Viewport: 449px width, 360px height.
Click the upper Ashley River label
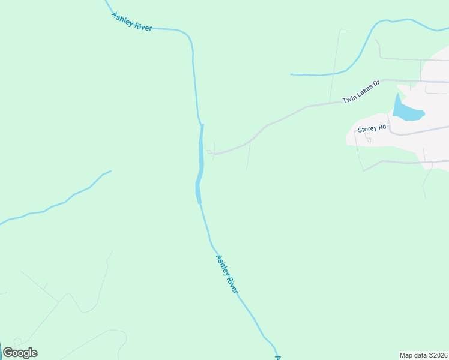tap(131, 21)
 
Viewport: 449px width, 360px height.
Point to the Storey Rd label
tap(370, 129)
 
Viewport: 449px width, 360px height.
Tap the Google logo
tap(20, 352)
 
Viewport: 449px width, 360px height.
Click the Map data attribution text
tap(424, 355)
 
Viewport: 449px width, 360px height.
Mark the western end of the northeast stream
tap(292, 74)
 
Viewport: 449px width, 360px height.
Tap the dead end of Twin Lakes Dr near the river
tap(208, 152)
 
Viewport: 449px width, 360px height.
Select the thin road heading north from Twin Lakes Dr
tap(334, 66)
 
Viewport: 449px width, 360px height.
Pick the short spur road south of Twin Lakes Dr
tap(249, 156)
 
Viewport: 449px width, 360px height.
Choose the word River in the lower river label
tap(232, 283)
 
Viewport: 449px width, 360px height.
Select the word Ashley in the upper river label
tap(122, 17)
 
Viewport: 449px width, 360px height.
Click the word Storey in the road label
tap(366, 129)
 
